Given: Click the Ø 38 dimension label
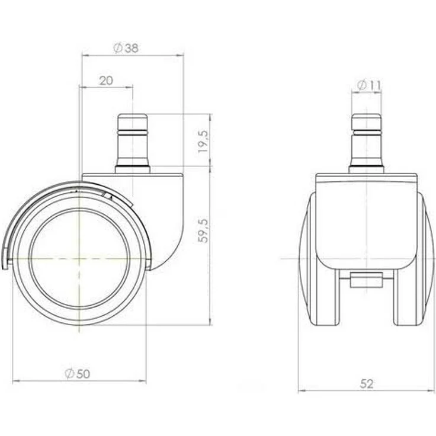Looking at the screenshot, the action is [126, 48].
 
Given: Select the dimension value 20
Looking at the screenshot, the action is [106, 81].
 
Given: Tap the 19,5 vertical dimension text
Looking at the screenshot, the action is [203, 141].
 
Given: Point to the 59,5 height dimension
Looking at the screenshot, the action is [203, 231].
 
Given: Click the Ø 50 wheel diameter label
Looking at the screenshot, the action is [77, 374].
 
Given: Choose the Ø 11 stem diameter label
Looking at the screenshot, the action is [368, 85].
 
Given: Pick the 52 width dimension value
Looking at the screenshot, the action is [367, 384].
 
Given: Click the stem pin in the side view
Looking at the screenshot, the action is [133, 140].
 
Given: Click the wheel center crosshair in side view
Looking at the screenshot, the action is [79, 259].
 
